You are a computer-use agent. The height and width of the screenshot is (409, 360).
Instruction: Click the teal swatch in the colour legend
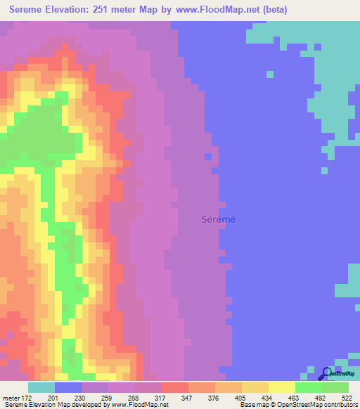[x=41, y=387]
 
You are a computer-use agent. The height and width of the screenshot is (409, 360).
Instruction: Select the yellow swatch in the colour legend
[x=281, y=387]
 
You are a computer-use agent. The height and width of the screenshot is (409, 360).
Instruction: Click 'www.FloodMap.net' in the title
[x=220, y=10]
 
